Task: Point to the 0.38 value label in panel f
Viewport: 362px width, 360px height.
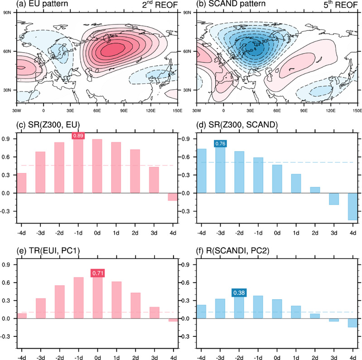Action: point(239,293)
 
